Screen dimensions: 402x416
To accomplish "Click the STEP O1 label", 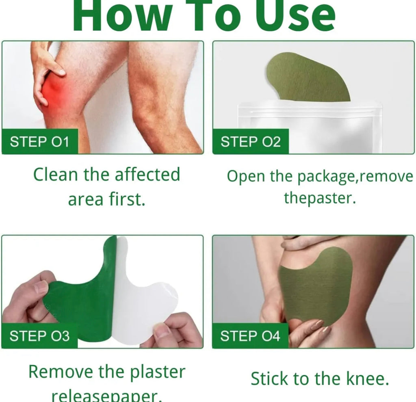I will click(39, 142).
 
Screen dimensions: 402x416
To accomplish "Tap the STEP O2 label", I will click(250, 142).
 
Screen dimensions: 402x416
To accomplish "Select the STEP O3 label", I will click(39, 336).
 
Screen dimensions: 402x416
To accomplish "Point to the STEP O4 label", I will click(250, 336).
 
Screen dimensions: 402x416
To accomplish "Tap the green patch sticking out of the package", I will click(309, 77).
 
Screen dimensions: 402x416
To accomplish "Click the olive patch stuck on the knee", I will click(315, 286).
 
